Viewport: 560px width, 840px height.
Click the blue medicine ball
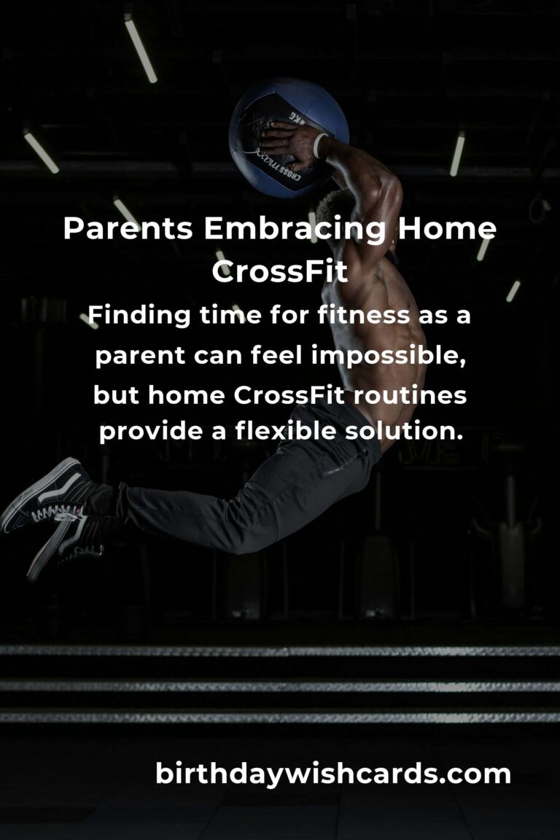pyautogui.click(x=288, y=139)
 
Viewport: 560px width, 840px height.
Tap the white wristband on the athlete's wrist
pyautogui.click(x=320, y=145)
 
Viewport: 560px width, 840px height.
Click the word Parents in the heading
pyautogui.click(x=128, y=228)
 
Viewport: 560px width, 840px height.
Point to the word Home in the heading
pyautogui.click(x=447, y=228)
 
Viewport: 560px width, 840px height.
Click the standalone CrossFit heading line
pyautogui.click(x=280, y=271)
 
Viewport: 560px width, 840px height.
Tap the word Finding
pyautogui.click(x=139, y=316)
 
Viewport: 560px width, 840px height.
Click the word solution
pyautogui.click(x=404, y=431)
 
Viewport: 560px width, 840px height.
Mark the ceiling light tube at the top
pyautogui.click(x=141, y=49)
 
